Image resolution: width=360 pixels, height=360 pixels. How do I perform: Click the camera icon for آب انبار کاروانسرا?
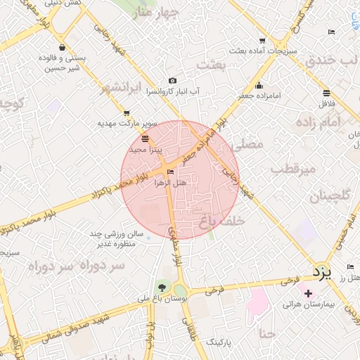tap(172, 81)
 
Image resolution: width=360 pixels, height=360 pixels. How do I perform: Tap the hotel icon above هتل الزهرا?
tap(171, 172)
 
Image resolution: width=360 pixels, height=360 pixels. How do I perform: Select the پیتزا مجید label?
tap(146, 150)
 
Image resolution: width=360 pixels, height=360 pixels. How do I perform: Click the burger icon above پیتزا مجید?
tap(146, 139)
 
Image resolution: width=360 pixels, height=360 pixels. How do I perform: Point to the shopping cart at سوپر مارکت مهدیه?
tap(126, 112)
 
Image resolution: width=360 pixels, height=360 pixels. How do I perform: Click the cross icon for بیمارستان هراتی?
tap(308, 292)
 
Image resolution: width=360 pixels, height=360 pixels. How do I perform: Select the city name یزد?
tap(320, 272)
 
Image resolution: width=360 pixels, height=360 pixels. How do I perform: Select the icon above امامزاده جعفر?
tap(259, 85)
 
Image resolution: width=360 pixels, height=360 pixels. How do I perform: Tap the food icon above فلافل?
tap(327, 93)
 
